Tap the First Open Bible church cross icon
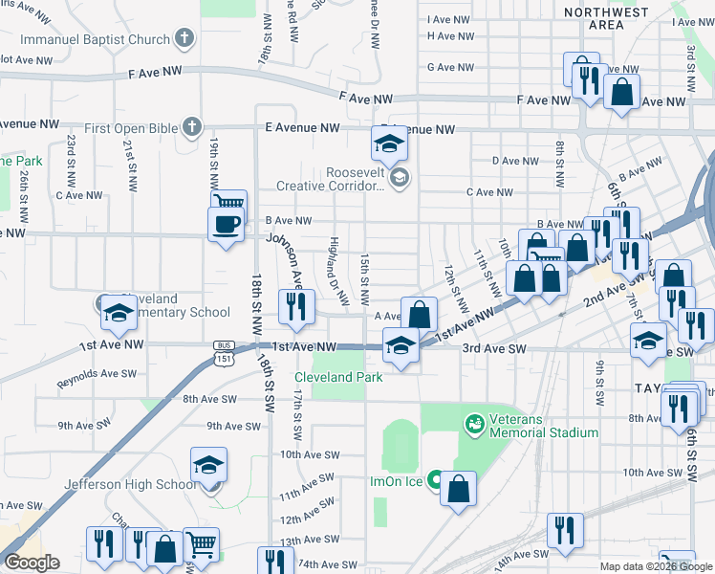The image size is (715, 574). [191, 126]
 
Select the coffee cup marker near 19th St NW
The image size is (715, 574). [226, 225]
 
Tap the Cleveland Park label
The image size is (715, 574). [338, 377]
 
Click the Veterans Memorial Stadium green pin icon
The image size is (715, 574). [473, 422]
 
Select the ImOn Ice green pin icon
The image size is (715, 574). [436, 480]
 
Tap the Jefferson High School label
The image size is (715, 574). [129, 484]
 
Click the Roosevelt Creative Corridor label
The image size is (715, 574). [329, 179]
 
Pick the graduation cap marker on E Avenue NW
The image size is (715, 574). [389, 145]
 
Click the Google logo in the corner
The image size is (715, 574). [32, 563]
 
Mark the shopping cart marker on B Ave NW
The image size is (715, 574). [228, 202]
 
